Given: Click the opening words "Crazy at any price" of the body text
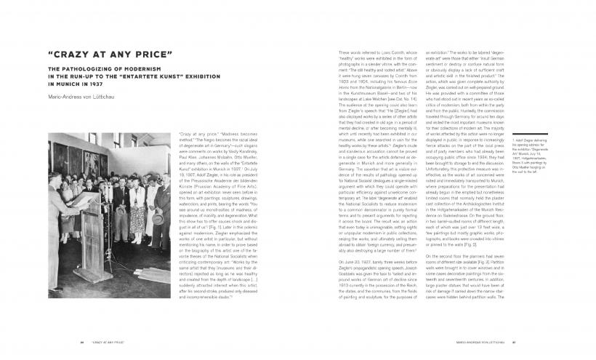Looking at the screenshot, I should tap(198, 137).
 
